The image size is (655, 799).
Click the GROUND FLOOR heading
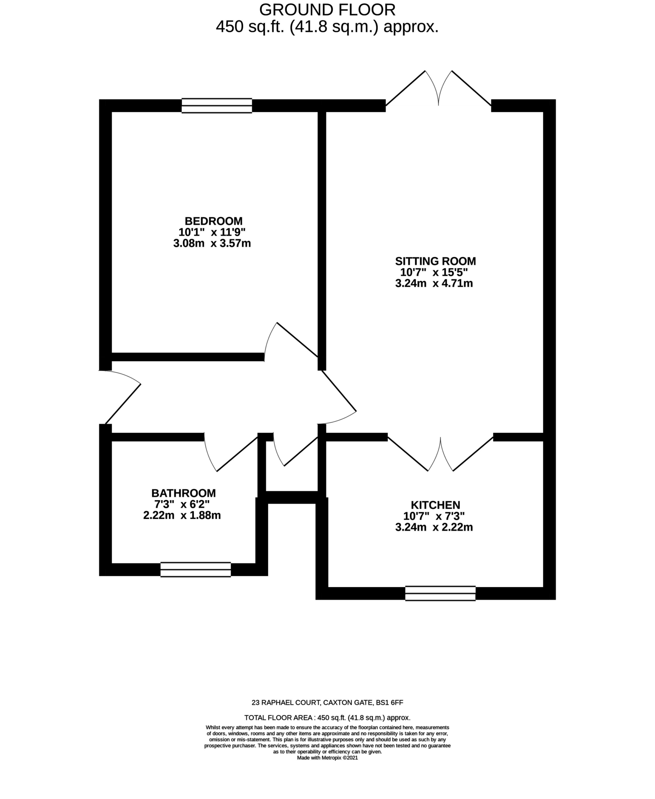click(327, 9)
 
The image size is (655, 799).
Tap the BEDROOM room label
click(213, 221)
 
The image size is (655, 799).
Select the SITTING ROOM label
click(435, 261)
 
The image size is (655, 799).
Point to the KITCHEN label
click(435, 505)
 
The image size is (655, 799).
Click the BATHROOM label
click(183, 493)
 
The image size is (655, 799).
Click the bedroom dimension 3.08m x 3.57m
click(212, 244)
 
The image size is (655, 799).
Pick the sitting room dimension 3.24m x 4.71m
click(434, 284)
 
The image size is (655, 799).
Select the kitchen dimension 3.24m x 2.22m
click(434, 527)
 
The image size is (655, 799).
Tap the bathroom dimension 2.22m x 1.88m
click(182, 515)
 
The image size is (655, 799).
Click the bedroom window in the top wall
click(217, 106)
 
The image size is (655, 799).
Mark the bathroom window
click(195, 570)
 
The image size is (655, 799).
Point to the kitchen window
click(440, 593)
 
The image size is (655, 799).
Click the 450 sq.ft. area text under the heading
click(327, 27)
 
